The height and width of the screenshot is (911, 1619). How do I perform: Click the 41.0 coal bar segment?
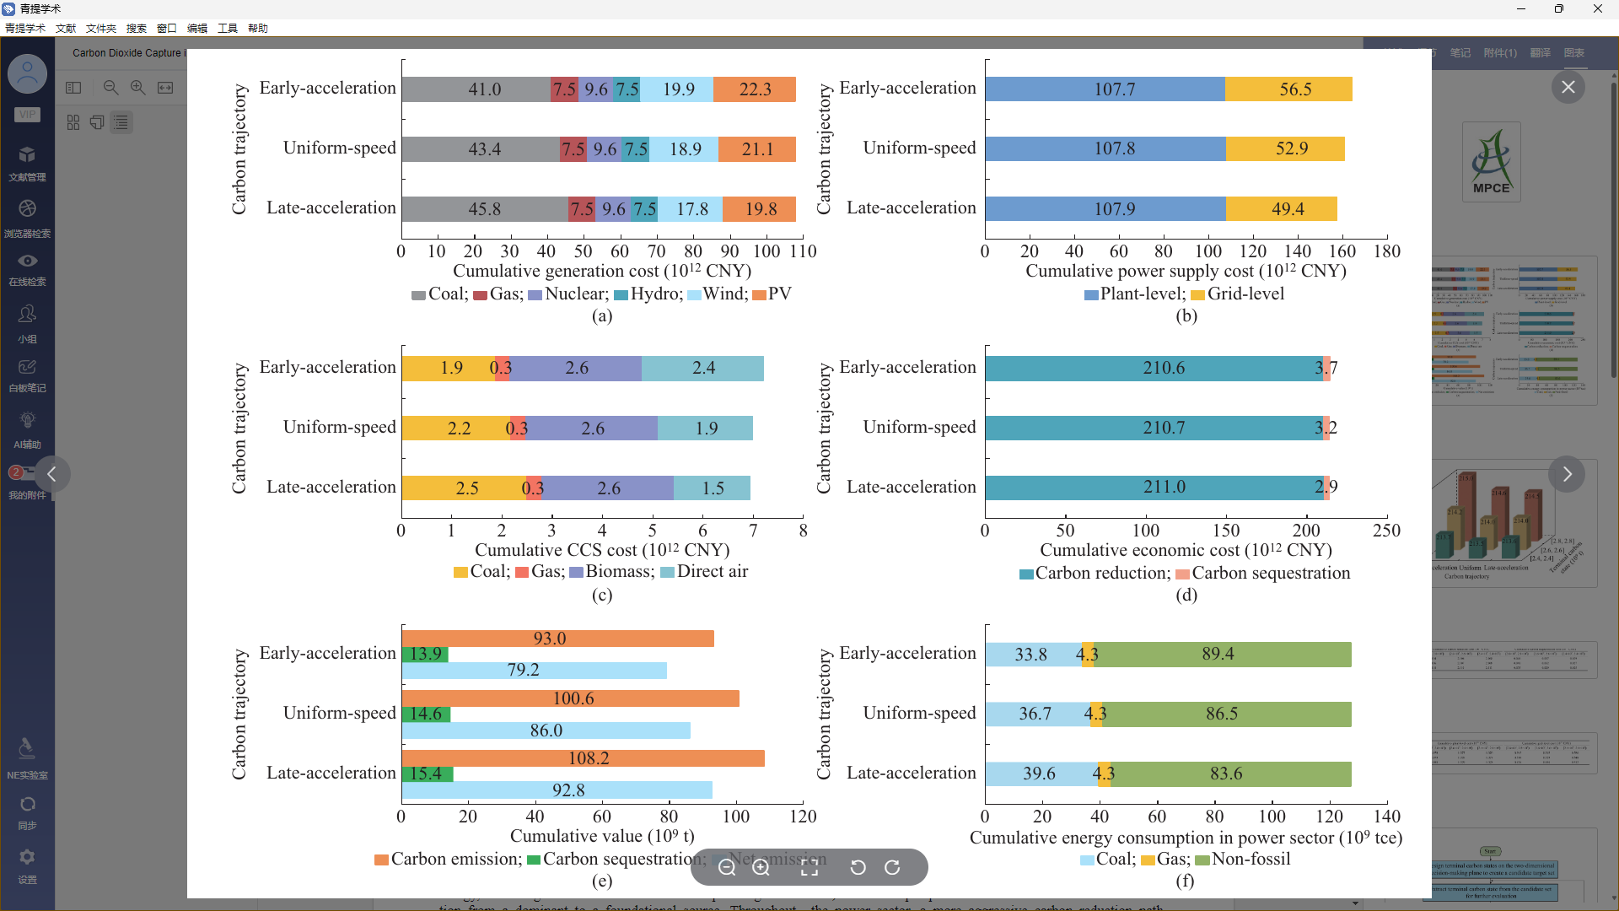476,89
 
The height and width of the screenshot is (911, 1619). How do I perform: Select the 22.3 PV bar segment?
755,89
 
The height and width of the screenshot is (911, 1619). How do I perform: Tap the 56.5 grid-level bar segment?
1288,89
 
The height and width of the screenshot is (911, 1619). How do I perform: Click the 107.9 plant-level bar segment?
1105,208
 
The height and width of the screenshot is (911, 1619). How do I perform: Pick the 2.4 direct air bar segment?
702,369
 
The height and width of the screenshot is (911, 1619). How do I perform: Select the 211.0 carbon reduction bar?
1154,488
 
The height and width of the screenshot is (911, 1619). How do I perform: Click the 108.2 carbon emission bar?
584,758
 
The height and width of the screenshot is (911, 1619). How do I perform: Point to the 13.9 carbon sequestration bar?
425,655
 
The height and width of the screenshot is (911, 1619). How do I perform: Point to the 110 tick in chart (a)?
803,251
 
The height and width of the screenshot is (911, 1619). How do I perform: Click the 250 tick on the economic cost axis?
1386,531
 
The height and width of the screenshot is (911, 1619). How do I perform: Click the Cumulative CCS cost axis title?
602,550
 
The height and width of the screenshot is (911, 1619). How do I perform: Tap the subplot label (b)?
1186,315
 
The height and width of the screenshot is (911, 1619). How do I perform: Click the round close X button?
1568,87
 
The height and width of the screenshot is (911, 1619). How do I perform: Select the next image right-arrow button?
1567,474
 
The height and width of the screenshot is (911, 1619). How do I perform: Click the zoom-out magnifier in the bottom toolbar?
727,868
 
